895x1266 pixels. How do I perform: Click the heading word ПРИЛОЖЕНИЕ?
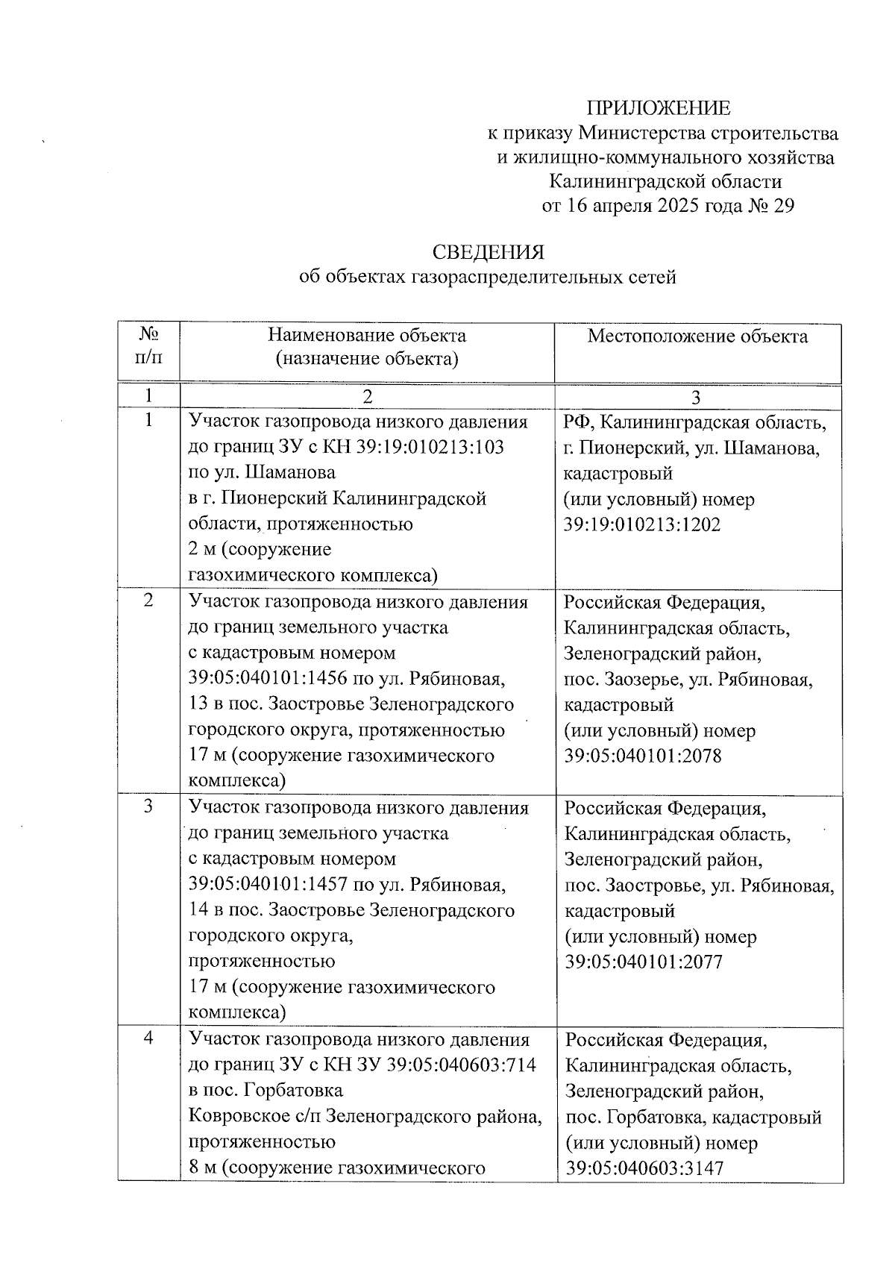pos(658,108)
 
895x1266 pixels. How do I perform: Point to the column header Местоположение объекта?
pos(697,336)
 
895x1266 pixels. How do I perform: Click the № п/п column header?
pos(148,344)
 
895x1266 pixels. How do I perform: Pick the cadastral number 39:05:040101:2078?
pos(643,756)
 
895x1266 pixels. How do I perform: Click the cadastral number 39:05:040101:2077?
pos(644,962)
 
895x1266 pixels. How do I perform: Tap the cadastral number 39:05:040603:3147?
pos(644,1168)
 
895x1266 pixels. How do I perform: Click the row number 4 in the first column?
pos(148,1038)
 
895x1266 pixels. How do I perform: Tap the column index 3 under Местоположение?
pos(696,398)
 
